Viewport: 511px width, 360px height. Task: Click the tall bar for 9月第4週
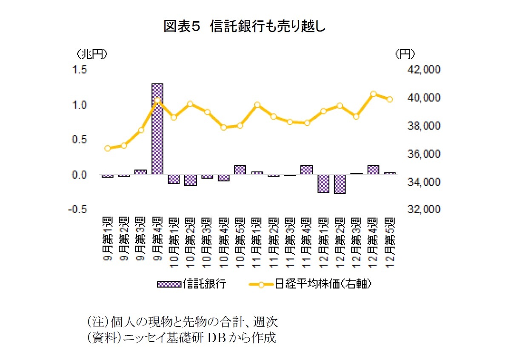pyautogui.click(x=157, y=129)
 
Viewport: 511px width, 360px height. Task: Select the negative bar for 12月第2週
pyautogui.click(x=340, y=184)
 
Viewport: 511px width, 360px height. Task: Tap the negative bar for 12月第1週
pyautogui.click(x=323, y=184)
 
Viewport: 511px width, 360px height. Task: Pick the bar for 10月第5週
pyautogui.click(x=240, y=169)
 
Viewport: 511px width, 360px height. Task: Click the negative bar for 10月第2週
pyautogui.click(x=190, y=180)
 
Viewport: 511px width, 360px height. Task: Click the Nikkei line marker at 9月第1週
pyautogui.click(x=108, y=148)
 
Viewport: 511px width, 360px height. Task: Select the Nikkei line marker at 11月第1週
pyautogui.click(x=257, y=105)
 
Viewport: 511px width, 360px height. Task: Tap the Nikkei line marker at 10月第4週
pyautogui.click(x=224, y=127)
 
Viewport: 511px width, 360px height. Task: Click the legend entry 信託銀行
pyautogui.click(x=191, y=284)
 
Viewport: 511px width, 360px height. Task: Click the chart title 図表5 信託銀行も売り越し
pyautogui.click(x=245, y=27)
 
